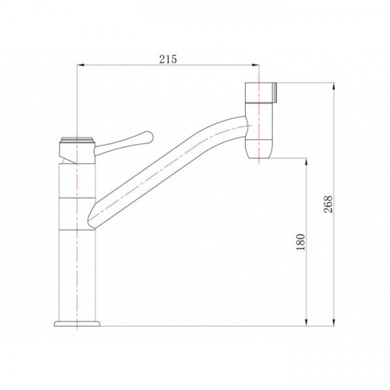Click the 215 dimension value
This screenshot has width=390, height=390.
[168, 59]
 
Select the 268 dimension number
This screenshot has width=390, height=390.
[328, 204]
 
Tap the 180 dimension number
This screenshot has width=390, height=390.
[301, 242]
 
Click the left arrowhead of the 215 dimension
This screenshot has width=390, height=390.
[81, 65]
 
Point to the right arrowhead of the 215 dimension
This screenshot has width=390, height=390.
[255, 65]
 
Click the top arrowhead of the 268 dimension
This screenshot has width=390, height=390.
[333, 86]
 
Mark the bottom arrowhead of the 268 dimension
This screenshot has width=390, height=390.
[333, 322]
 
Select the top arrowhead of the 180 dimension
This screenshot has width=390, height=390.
[306, 162]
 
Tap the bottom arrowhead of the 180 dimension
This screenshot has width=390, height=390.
[306, 322]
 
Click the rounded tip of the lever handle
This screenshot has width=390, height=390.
[148, 136]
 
